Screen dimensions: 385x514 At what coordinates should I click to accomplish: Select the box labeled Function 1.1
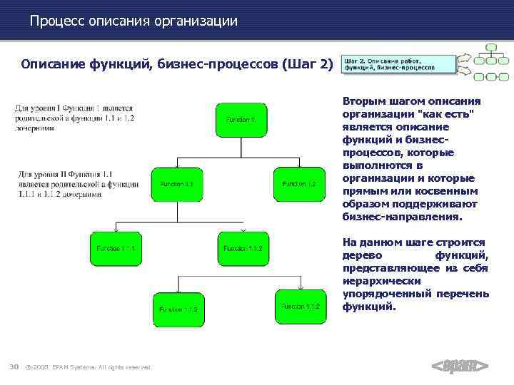[x=176, y=185]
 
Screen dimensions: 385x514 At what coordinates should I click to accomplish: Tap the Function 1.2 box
[x=299, y=185]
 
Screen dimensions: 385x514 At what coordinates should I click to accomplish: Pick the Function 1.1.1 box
[x=115, y=249]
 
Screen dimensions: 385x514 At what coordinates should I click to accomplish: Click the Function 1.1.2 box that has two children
[x=243, y=249]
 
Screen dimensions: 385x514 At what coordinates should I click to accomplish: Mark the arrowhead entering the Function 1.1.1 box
[x=116, y=231]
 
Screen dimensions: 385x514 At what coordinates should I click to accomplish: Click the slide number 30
[x=13, y=367]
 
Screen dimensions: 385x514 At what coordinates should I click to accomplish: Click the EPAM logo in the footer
[x=460, y=366]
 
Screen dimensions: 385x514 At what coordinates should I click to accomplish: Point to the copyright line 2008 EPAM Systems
[x=89, y=368]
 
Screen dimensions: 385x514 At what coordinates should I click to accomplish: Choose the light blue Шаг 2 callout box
[x=398, y=63]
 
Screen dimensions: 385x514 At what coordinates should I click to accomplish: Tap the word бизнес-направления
[x=403, y=217]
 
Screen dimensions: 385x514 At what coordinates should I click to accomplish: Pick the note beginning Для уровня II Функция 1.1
[x=79, y=184]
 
